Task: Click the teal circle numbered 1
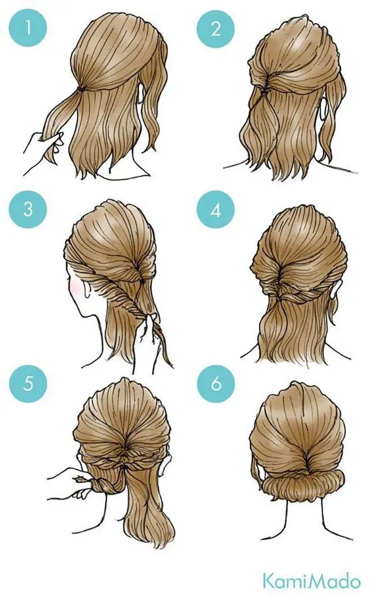28,28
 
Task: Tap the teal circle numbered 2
216,28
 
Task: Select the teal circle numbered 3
28,209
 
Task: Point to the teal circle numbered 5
28,384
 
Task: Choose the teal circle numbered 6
216,384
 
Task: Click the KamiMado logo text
312,581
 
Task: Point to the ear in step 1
140,95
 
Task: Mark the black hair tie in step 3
142,279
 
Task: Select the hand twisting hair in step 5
73,484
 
